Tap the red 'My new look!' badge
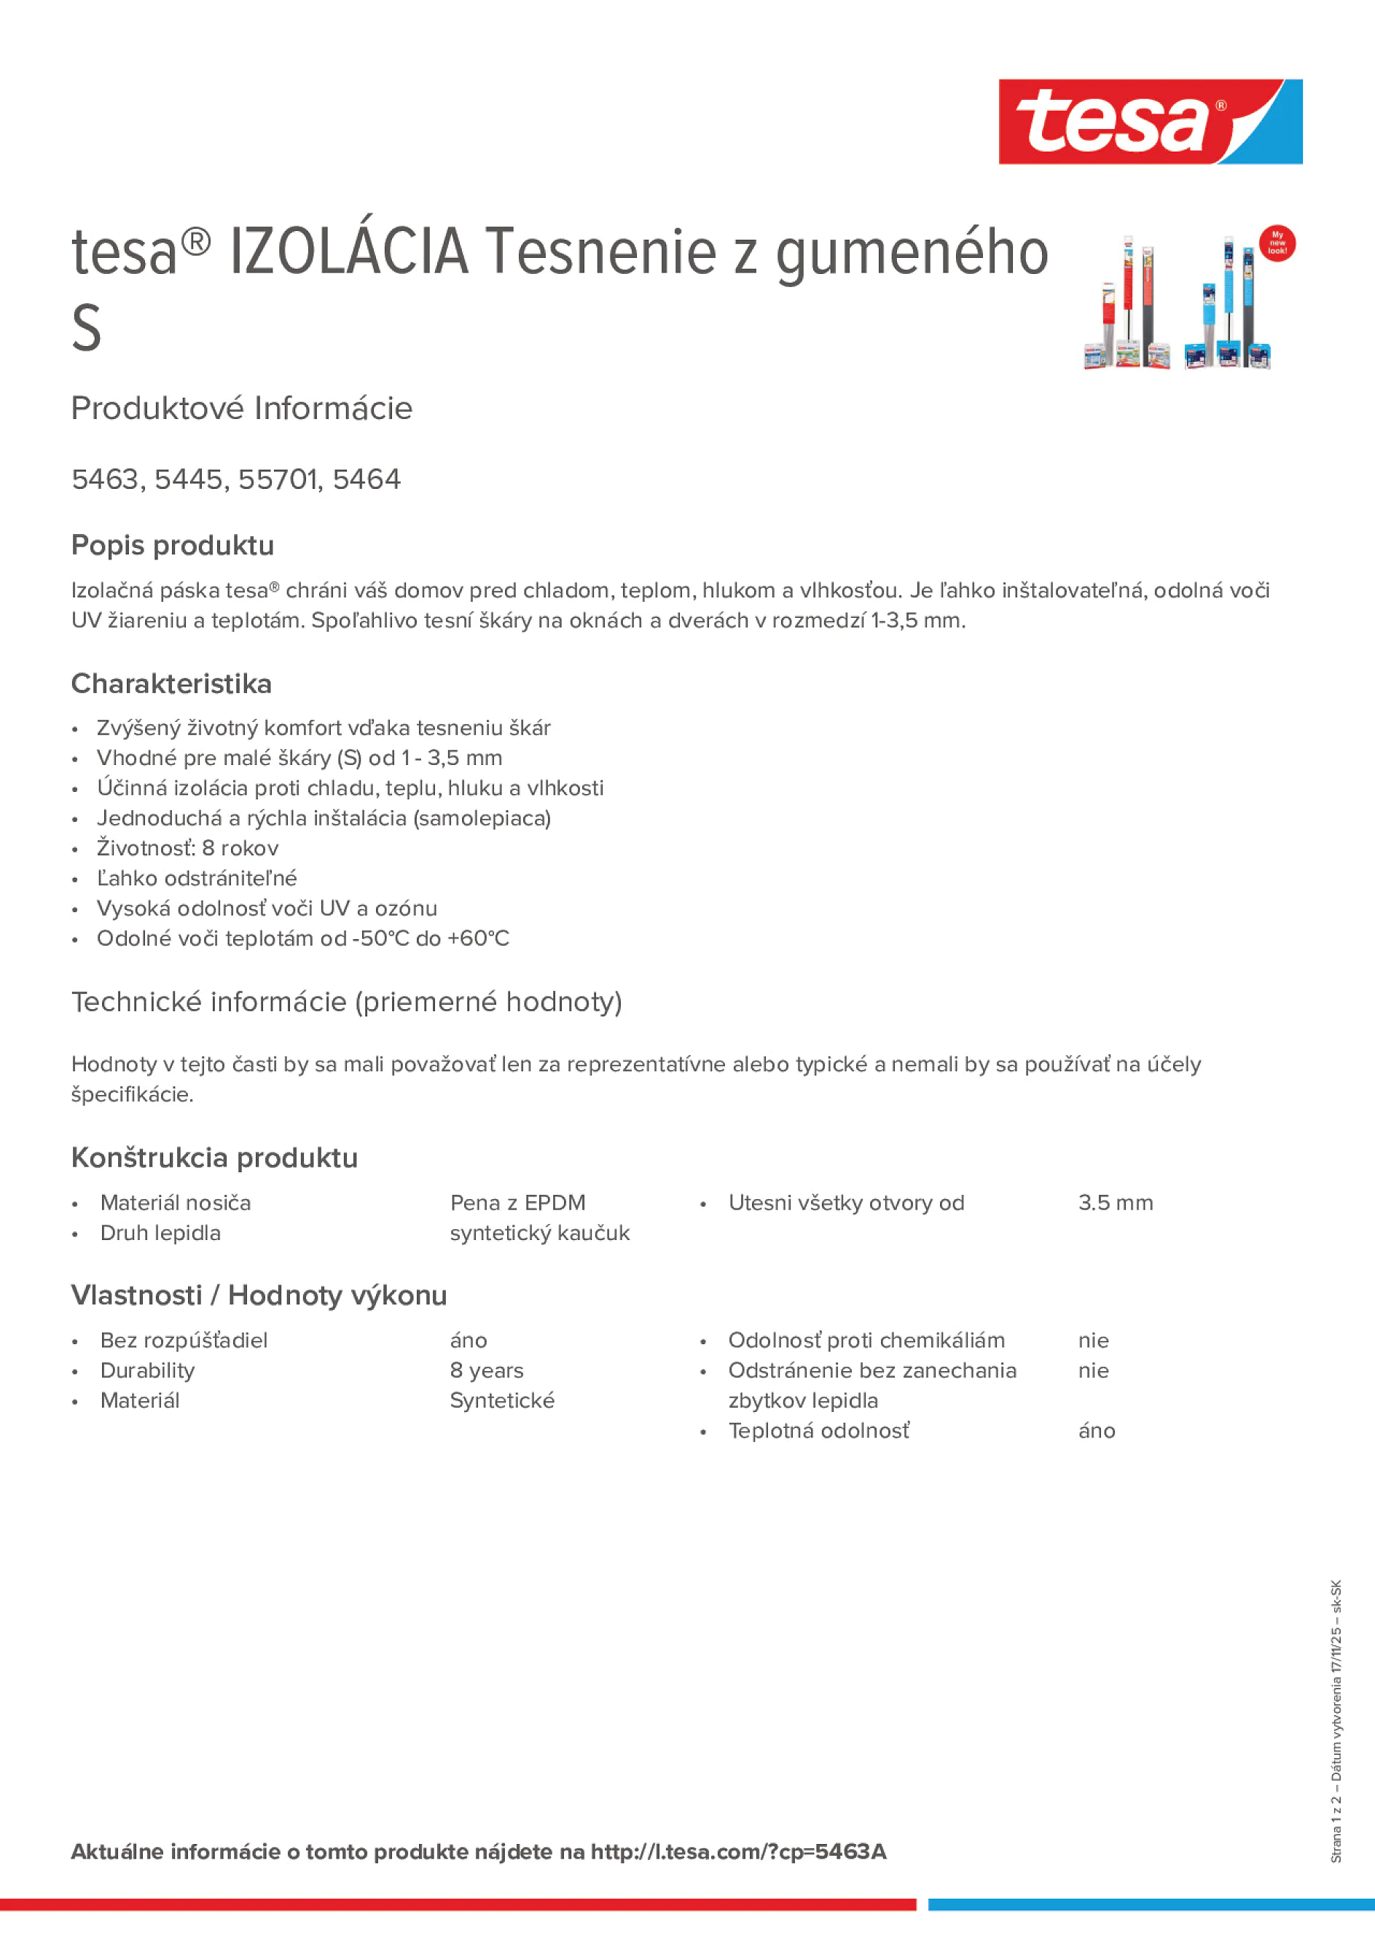(x=1277, y=244)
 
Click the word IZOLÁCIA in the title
(x=348, y=253)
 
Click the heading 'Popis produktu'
(x=173, y=546)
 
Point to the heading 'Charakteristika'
(x=171, y=684)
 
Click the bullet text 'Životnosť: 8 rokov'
(x=187, y=848)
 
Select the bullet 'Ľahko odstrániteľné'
(x=197, y=878)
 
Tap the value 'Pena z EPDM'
(x=517, y=1203)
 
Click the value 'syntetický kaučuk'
(x=539, y=1233)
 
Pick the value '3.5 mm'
(x=1115, y=1203)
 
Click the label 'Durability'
(x=147, y=1370)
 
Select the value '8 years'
(x=487, y=1370)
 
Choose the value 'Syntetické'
(x=502, y=1401)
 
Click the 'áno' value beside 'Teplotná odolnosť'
(x=1096, y=1432)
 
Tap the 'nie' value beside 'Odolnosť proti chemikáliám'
(x=1093, y=1341)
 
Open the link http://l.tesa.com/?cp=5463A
(x=738, y=1852)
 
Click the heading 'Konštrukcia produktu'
(x=214, y=1158)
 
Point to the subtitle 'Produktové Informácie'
(x=242, y=409)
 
